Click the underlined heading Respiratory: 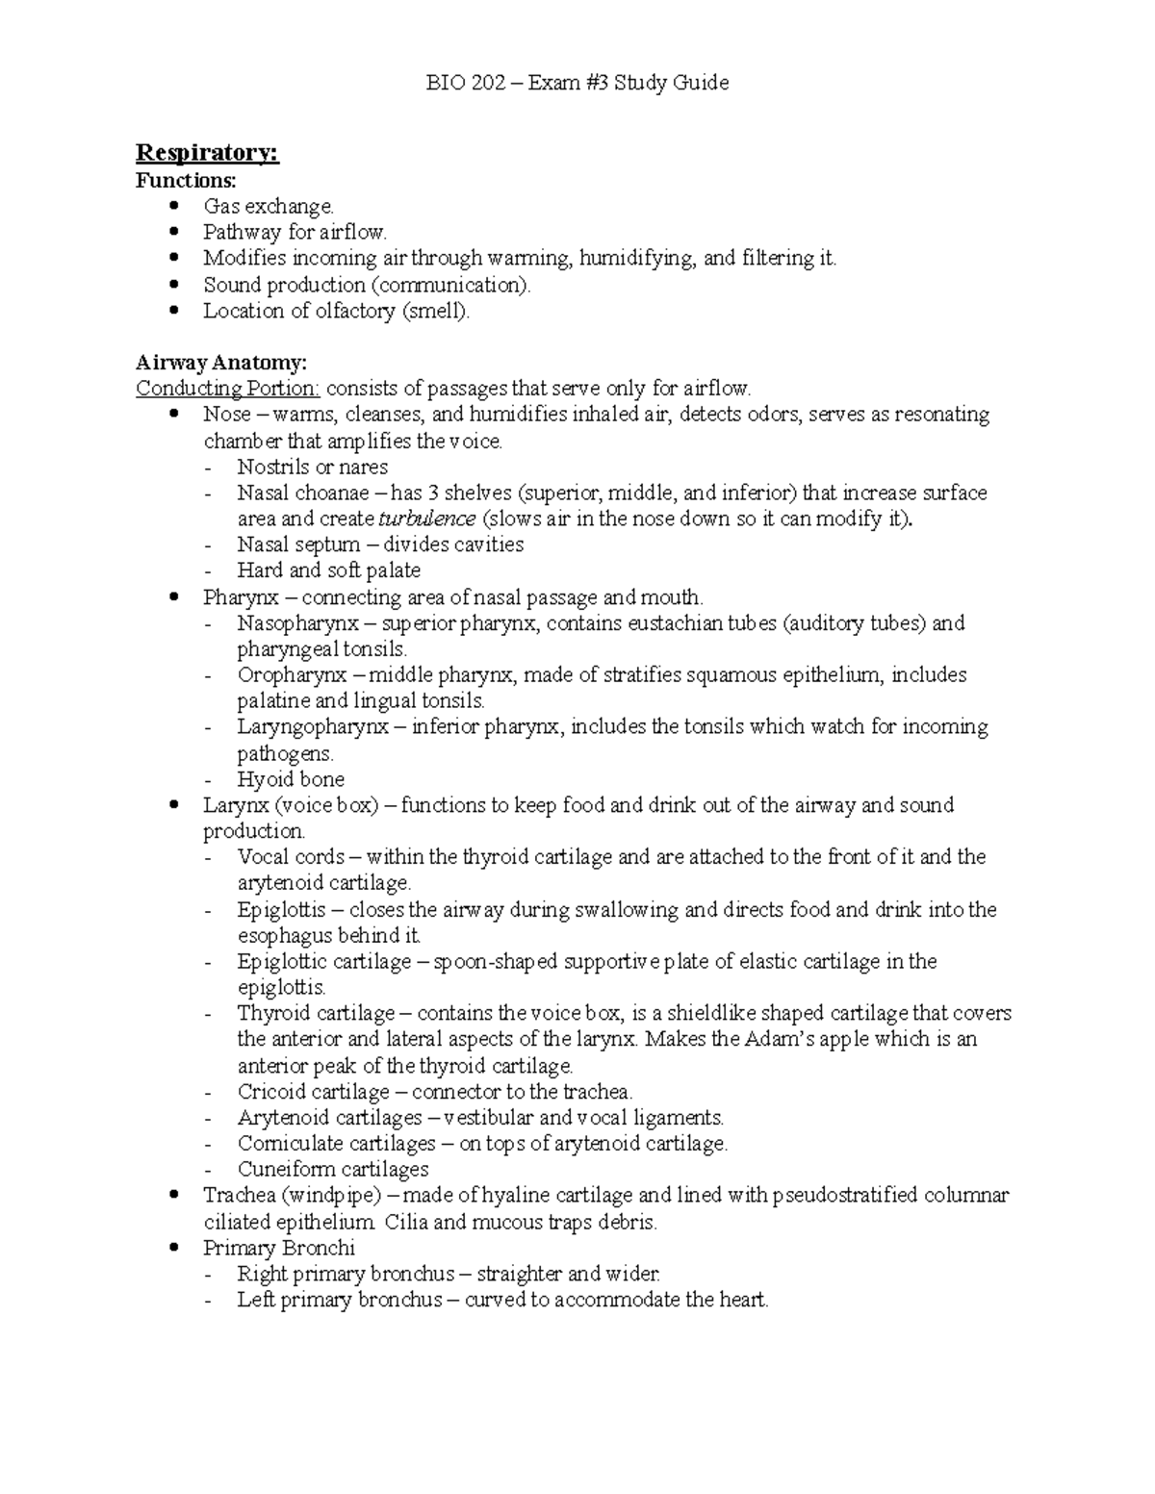[207, 153]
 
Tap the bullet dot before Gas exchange [173, 206]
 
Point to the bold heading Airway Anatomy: [221, 363]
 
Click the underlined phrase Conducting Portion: [228, 389]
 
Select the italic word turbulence [426, 519]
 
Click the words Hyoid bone [291, 779]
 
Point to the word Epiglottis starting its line [281, 909]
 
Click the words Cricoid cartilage [313, 1092]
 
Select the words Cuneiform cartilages [333, 1170]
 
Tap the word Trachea [238, 1196]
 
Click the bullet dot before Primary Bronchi [173, 1248]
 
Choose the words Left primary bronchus [340, 1300]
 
